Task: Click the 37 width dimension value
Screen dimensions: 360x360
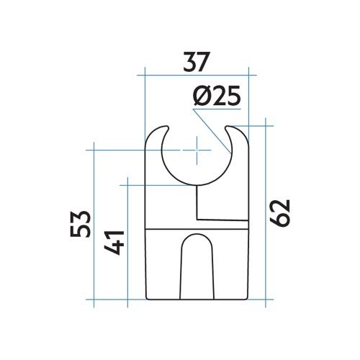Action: click(196, 62)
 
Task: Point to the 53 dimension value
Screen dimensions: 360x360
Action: click(81, 224)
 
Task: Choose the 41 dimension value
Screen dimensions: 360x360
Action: click(116, 243)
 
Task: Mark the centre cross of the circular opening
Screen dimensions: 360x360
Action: click(195, 150)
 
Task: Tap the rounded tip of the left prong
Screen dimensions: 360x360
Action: click(156, 131)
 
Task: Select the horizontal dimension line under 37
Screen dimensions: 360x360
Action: click(196, 76)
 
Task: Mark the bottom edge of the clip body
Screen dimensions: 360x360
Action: click(196, 298)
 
